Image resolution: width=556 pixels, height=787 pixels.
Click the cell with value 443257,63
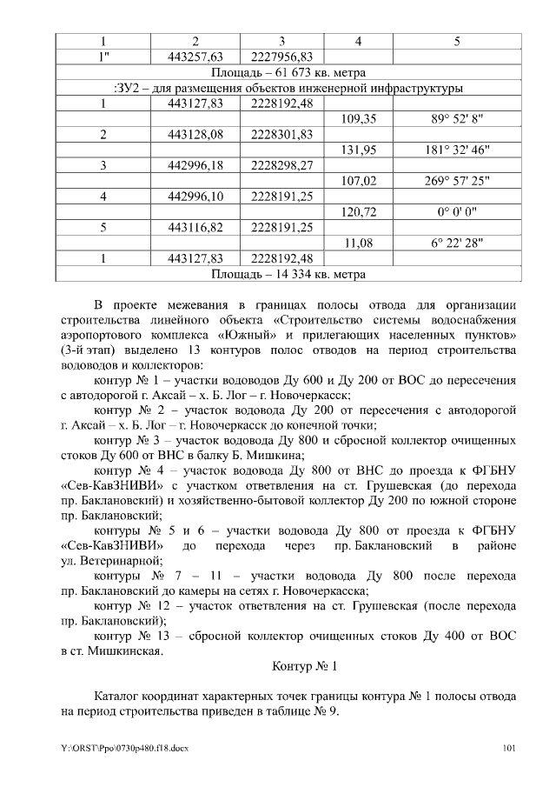pyautogui.click(x=195, y=57)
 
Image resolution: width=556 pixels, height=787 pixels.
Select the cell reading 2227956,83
pyautogui.click(x=281, y=57)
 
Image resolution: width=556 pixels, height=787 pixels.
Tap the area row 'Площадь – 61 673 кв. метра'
pyautogui.click(x=289, y=72)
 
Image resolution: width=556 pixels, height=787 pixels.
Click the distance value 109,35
pyautogui.click(x=359, y=119)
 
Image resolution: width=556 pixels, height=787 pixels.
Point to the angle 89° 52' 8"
pyautogui.click(x=458, y=119)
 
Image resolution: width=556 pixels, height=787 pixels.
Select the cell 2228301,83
pyautogui.click(x=281, y=135)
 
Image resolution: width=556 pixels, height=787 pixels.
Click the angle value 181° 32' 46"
pyautogui.click(x=458, y=150)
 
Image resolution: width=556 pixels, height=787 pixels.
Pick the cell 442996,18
pyautogui.click(x=195, y=165)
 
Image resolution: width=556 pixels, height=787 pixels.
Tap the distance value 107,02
pyautogui.click(x=359, y=181)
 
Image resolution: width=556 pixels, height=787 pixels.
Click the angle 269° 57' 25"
pyautogui.click(x=458, y=181)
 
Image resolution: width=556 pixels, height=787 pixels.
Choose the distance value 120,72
pyautogui.click(x=359, y=212)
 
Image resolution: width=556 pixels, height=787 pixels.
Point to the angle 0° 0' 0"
pyautogui.click(x=458, y=212)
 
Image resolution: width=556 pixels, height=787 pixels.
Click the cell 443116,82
pyautogui.click(x=195, y=228)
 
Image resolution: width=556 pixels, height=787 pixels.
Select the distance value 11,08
pyautogui.click(x=359, y=243)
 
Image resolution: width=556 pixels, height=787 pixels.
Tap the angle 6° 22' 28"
pyautogui.click(x=458, y=243)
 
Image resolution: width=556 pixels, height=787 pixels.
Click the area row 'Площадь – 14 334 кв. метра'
pyautogui.click(x=289, y=274)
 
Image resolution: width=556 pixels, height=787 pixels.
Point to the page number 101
pyautogui.click(x=510, y=748)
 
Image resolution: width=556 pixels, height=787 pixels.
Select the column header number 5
pyautogui.click(x=458, y=41)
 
